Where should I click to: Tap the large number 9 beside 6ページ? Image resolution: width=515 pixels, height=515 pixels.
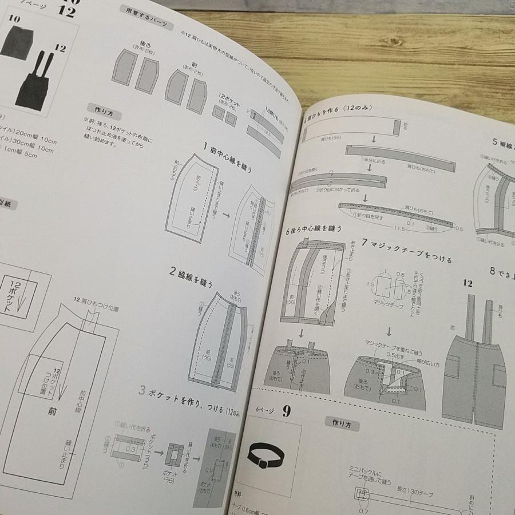point(286,411)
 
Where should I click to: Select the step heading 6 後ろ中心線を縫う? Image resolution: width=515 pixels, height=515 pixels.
point(314,229)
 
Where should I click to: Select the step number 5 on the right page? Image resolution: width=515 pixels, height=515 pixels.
point(495,141)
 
